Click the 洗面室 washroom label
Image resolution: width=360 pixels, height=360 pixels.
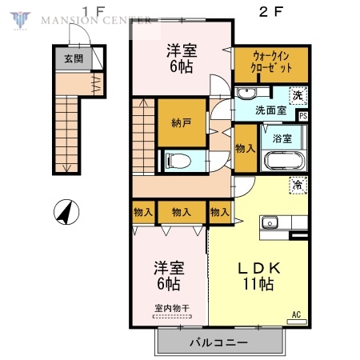(270, 110)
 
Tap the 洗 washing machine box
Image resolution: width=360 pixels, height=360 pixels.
(298, 95)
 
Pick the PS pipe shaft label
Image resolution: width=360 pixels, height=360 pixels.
(302, 115)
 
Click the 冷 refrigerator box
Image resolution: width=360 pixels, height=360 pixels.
(298, 185)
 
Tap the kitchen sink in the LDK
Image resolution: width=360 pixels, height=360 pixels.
(270, 223)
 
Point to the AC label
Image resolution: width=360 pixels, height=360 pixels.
(297, 314)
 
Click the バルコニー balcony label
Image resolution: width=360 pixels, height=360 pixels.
(218, 343)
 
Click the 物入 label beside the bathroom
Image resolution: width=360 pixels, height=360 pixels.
(245, 148)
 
